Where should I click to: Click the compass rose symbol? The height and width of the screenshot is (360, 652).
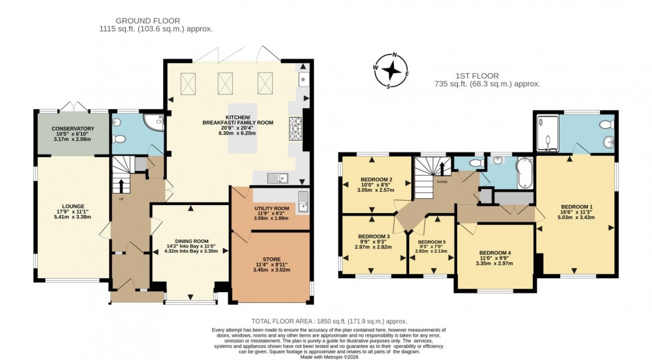coord(393,70)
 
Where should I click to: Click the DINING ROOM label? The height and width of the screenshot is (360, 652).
coord(192,242)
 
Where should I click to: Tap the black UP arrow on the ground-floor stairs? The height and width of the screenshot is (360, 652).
coord(120,186)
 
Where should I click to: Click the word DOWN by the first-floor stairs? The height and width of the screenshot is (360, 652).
coord(441,181)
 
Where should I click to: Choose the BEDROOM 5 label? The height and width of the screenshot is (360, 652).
coord(431,242)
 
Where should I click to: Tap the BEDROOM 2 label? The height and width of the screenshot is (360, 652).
coord(375,180)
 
